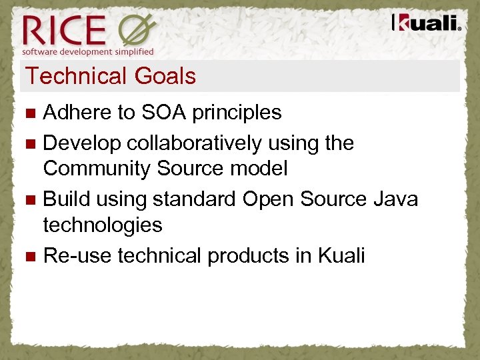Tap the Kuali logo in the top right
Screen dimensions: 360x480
[426, 23]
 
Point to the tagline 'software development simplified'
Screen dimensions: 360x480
[88, 51]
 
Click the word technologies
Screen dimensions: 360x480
[103, 225]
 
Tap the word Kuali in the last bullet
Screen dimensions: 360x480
[341, 255]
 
